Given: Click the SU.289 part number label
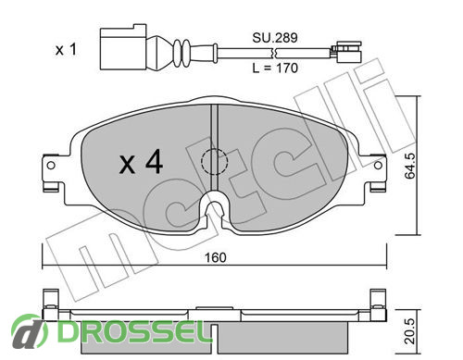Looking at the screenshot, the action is click(x=275, y=38).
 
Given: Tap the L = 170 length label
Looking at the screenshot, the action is click(x=275, y=68).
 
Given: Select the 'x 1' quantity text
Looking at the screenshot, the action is click(x=66, y=49).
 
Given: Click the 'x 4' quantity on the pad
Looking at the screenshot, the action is click(x=141, y=162).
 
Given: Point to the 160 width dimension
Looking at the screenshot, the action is click(x=216, y=257).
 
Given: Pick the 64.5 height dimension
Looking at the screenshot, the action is click(x=410, y=166).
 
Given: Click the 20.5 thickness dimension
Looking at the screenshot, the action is click(x=410, y=331).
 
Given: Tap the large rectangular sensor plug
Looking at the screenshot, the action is click(x=123, y=47).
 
